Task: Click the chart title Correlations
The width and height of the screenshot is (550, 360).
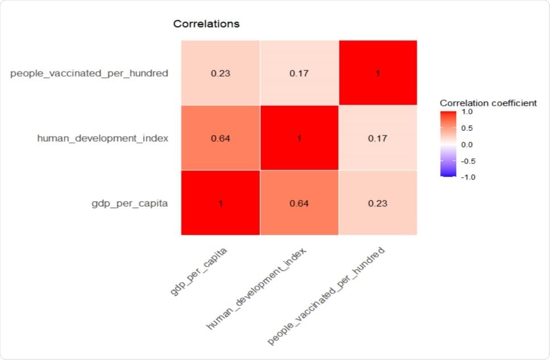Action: tap(206, 24)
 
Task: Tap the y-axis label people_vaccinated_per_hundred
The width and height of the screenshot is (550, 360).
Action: tap(89, 73)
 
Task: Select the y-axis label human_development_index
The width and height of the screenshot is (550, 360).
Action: tap(102, 138)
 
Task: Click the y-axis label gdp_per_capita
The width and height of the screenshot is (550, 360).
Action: tap(130, 202)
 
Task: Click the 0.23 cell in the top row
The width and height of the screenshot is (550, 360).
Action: tap(221, 73)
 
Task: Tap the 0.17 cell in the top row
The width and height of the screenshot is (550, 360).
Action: tap(299, 73)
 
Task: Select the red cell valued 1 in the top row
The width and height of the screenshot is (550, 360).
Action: tap(378, 73)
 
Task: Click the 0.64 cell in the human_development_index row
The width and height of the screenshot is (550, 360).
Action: tap(221, 138)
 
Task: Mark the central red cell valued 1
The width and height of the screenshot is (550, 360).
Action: tap(299, 138)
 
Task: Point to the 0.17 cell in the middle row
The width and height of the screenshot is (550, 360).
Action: tap(378, 138)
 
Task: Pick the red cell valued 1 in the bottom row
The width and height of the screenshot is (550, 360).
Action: tap(221, 202)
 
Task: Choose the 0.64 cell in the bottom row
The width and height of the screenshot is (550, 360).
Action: tap(299, 202)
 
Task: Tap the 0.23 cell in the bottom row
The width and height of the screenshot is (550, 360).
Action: tap(378, 202)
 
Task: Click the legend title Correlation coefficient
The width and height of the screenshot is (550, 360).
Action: tap(488, 103)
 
